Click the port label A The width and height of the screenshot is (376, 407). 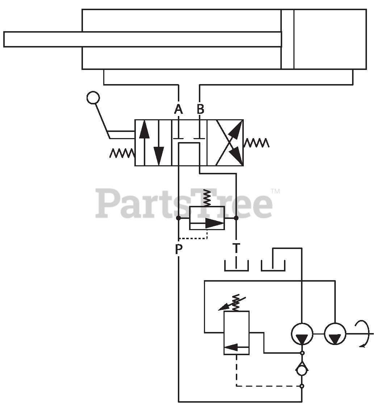(x=178, y=109)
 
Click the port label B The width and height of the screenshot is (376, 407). (x=200, y=109)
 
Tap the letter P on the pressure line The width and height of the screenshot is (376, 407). (x=178, y=249)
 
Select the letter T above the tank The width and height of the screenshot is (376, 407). (x=236, y=248)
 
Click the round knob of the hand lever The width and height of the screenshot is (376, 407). (x=93, y=97)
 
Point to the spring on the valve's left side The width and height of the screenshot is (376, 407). (x=122, y=153)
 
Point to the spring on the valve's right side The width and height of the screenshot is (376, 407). (x=256, y=143)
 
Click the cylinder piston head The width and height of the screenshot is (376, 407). (x=287, y=39)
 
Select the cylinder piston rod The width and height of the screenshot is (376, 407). (x=141, y=39)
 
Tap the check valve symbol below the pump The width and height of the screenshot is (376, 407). (x=302, y=370)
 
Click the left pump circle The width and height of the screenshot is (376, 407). (x=302, y=333)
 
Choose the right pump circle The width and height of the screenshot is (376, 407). (x=335, y=333)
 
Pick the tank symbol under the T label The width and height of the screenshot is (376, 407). (x=236, y=267)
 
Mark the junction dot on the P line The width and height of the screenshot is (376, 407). (x=178, y=218)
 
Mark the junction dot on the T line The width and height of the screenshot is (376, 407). (x=236, y=218)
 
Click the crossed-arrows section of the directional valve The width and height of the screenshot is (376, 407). (x=229, y=143)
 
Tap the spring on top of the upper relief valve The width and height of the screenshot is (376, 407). (x=207, y=198)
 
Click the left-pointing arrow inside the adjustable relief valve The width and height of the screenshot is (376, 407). (x=235, y=347)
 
